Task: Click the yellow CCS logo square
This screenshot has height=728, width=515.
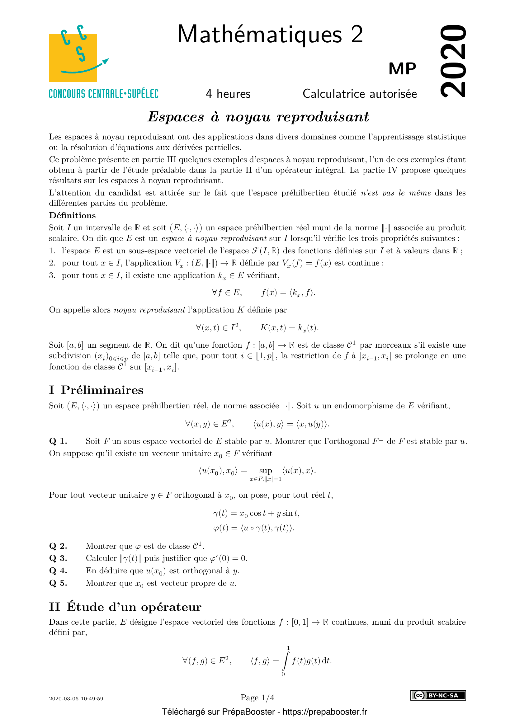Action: point(73,58)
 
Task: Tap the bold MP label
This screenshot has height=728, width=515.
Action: point(402,69)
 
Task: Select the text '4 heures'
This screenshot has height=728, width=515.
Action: point(228,94)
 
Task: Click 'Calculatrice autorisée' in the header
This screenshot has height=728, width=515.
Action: point(360,94)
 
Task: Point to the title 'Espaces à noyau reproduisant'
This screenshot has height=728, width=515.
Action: point(258,117)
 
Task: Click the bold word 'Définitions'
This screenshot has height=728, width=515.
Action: point(72,215)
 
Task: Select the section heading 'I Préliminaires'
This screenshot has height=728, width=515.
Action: point(96,390)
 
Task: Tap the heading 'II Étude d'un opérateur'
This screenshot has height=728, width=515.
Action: point(125,607)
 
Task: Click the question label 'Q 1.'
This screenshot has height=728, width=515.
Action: point(58,441)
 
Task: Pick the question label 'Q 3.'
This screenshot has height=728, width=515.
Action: point(58,558)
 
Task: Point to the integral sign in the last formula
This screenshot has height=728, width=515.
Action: point(286,661)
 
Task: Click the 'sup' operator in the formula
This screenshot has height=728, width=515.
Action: point(265,471)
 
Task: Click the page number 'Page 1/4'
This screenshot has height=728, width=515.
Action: point(257,697)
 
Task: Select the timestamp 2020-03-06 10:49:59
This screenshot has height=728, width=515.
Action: point(76,698)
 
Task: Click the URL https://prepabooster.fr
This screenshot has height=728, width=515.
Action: point(324,712)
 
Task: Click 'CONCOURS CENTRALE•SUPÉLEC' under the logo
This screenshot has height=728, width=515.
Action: point(103,94)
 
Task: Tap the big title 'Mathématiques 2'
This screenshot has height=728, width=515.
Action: point(270,34)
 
